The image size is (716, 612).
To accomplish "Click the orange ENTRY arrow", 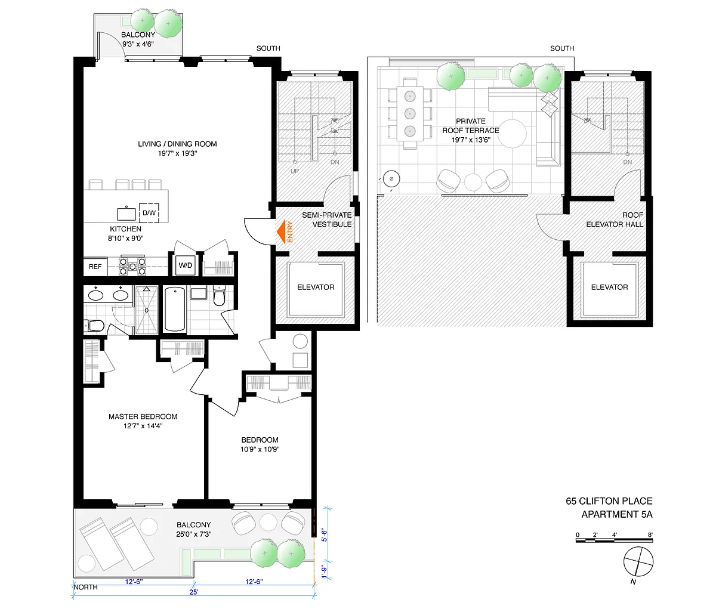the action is tap(281, 231).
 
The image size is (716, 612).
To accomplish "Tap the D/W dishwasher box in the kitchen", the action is tap(149, 213).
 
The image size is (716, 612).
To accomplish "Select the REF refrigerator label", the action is tap(95, 267).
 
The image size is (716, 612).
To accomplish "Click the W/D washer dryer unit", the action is tap(186, 265).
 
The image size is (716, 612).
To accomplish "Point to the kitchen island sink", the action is tap(126, 214).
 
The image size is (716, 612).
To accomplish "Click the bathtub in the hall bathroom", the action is tap(175, 310).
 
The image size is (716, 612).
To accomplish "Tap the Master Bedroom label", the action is tap(143, 417).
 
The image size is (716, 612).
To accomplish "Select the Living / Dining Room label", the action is tap(177, 144).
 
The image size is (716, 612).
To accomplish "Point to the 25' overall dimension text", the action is tap(194, 592).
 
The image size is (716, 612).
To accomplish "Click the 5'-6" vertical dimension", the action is tap(324, 535).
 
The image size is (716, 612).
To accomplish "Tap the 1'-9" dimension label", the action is tap(324, 572).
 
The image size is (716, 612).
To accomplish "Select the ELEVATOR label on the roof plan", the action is tap(609, 287).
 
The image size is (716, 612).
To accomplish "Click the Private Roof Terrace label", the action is tap(471, 126).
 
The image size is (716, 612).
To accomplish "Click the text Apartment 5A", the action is tap(616, 514).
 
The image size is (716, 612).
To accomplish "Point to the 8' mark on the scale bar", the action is tap(650, 535).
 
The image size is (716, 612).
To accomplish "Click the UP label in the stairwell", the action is tap(294, 171).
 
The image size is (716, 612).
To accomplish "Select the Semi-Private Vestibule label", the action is tap(326, 220).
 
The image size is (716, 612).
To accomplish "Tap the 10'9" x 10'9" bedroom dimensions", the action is tap(260, 450).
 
